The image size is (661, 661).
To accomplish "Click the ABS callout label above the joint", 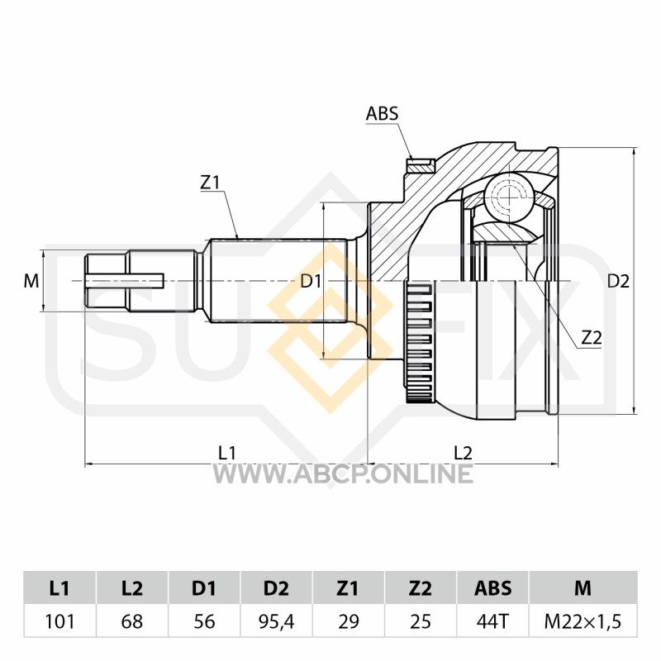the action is [x=382, y=113].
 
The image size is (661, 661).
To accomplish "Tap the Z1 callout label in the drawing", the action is [x=210, y=183].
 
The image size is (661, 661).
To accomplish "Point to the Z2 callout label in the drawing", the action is [x=592, y=338].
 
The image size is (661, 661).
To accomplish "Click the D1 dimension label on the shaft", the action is [x=311, y=281].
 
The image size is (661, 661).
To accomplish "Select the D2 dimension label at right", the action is [x=618, y=281].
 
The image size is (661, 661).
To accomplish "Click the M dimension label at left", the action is [x=31, y=281].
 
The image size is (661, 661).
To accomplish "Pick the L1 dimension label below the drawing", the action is [x=226, y=453].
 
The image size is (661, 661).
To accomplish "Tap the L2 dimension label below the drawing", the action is [x=463, y=453].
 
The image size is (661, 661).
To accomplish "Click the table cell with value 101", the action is [x=59, y=621].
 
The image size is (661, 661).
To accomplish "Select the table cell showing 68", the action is [x=132, y=621].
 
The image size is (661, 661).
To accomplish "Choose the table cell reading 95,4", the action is [x=276, y=621].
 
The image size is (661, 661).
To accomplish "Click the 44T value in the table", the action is [x=492, y=621].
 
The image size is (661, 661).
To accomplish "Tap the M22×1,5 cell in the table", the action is [x=583, y=621].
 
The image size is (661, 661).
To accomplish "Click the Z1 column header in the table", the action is [x=348, y=588].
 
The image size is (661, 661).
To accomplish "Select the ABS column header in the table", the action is [x=492, y=588].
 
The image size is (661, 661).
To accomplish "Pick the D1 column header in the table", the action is [x=204, y=588].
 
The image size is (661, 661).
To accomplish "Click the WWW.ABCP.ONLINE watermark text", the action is [x=342, y=473].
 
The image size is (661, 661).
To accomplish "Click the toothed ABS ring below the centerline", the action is [x=418, y=342].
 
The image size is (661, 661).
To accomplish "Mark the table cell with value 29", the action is [x=348, y=621].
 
